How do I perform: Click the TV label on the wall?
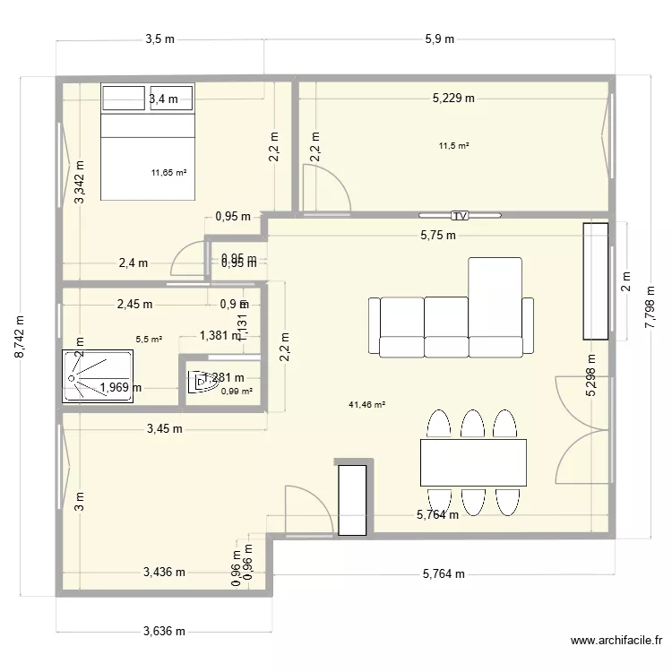(461, 216)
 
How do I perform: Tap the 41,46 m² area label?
(367, 405)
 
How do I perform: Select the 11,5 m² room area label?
(454, 145)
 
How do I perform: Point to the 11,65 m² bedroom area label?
(168, 172)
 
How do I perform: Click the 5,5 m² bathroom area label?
(149, 340)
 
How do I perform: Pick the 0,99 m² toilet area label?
(237, 391)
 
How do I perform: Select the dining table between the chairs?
(473, 461)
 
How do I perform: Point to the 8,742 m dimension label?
(20, 337)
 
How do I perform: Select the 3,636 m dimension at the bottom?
(164, 631)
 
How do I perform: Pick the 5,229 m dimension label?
(453, 99)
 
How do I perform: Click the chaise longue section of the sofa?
(495, 296)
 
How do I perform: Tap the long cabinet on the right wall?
(596, 281)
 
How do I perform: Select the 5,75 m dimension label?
(438, 236)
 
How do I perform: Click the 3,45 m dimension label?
(165, 429)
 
